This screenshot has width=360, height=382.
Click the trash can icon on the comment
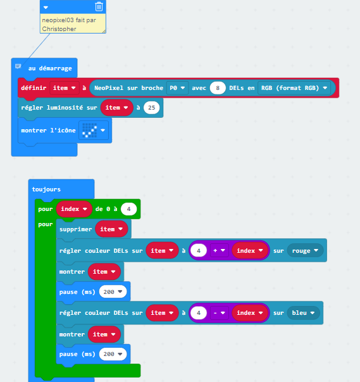pyautogui.click(x=99, y=6)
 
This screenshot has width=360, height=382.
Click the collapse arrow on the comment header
pyautogui.click(x=46, y=8)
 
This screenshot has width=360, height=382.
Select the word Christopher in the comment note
pyautogui.click(x=59, y=29)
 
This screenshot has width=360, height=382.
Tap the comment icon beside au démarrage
pyautogui.click(x=18, y=67)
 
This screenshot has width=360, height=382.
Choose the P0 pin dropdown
pyautogui.click(x=177, y=88)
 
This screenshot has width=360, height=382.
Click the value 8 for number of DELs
pyautogui.click(x=218, y=88)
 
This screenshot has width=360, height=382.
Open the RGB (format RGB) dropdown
pyautogui.click(x=294, y=88)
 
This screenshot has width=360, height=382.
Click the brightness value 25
pyautogui.click(x=152, y=108)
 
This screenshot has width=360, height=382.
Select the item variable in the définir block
pyautogui.click(x=65, y=88)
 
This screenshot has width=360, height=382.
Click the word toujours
pyautogui.click(x=46, y=189)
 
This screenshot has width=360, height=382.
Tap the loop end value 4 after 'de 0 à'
pyautogui.click(x=128, y=209)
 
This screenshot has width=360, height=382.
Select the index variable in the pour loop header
pyautogui.click(x=74, y=209)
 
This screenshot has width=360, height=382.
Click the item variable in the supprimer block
pyautogui.click(x=111, y=229)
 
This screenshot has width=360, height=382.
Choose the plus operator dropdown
pyautogui.click(x=219, y=250)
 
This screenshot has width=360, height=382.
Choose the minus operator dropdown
pyautogui.click(x=219, y=313)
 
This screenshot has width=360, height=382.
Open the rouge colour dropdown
pyautogui.click(x=305, y=250)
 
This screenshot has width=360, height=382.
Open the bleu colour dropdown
pyautogui.click(x=303, y=313)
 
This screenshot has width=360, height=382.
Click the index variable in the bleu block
pyautogui.click(x=250, y=313)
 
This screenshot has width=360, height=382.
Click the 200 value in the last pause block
pyautogui.click(x=113, y=354)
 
